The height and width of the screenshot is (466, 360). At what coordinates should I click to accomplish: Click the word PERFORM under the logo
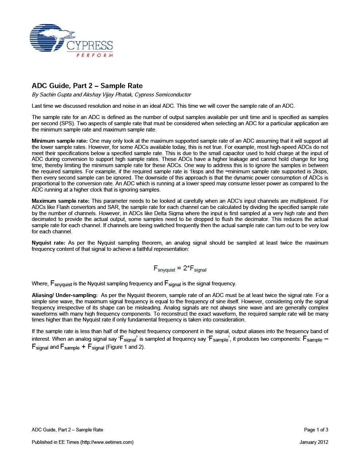(x=95, y=55)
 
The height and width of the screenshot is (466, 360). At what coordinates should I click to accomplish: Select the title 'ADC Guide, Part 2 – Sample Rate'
(x=87, y=86)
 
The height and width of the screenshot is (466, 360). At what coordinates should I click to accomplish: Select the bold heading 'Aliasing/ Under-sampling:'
(x=64, y=295)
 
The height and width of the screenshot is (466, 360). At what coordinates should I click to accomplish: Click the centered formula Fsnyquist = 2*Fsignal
(x=180, y=269)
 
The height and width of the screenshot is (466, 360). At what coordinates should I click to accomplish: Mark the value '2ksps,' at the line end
(x=320, y=171)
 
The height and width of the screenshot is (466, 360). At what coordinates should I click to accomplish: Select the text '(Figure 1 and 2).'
(x=125, y=347)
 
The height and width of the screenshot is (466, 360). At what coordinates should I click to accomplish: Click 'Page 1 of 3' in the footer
(x=316, y=430)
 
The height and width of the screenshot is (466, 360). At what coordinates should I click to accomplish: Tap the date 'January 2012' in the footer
(x=314, y=442)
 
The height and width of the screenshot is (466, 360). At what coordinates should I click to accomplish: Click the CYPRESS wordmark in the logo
(x=90, y=46)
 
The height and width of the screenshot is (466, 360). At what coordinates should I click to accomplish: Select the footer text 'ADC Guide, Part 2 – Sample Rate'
(x=67, y=430)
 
